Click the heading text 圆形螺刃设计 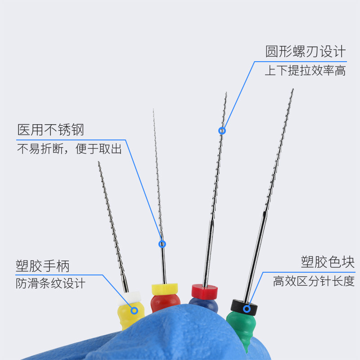[x=306, y=51]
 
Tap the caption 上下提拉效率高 [x=305, y=71]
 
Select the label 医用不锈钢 [x=51, y=130]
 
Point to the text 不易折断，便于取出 [x=69, y=149]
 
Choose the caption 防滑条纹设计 [x=50, y=283]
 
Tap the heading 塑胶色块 [x=328, y=262]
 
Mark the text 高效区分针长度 [x=314, y=282]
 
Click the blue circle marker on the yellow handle [x=134, y=310]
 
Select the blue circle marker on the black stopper [x=247, y=309]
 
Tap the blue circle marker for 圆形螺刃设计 [x=222, y=131]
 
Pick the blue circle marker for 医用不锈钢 [x=162, y=244]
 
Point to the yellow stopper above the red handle [x=165, y=288]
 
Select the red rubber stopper [x=205, y=290]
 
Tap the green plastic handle [x=241, y=326]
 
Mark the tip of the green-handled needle [x=293, y=89]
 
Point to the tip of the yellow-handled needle [x=99, y=162]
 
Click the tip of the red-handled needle [x=153, y=109]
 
